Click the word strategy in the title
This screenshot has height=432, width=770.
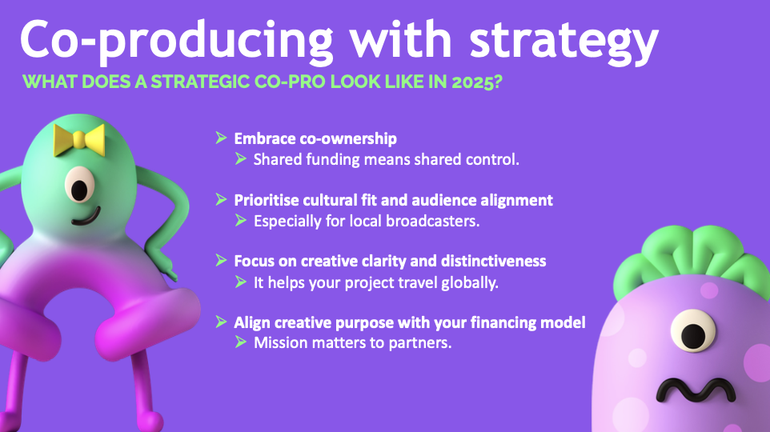563,42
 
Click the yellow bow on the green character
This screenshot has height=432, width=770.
79,140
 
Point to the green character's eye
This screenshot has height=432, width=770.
79,185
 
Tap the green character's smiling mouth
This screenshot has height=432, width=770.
86,217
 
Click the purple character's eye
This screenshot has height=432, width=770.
693,331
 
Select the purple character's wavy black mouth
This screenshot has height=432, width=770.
696,390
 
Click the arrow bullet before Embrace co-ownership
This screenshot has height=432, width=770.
221,138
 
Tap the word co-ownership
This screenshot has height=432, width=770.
348,139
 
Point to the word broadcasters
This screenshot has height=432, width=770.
431,221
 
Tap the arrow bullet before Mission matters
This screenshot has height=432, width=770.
241,342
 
